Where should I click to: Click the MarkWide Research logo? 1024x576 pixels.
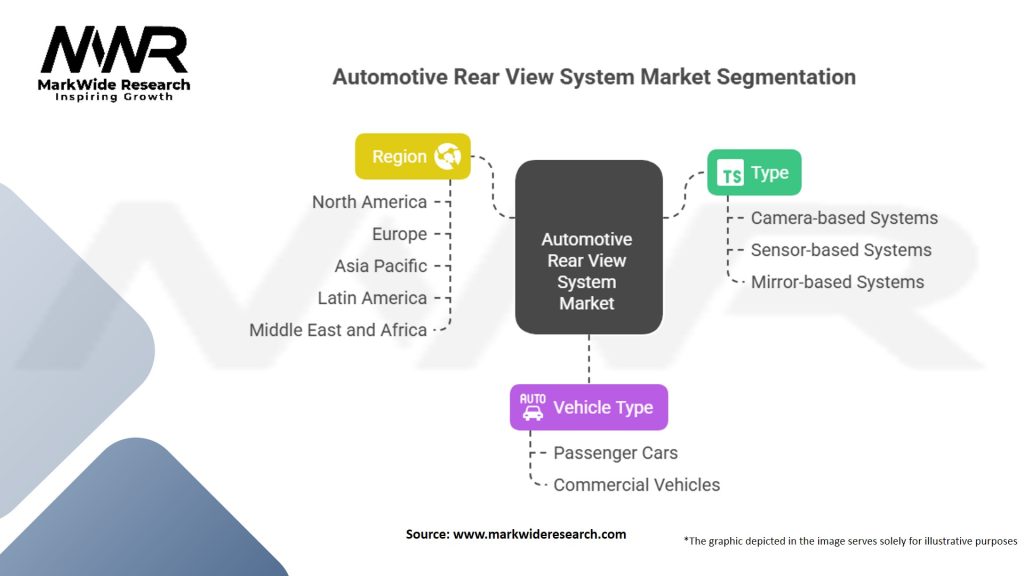[x=114, y=63]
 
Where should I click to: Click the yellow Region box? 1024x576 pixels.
[x=413, y=156]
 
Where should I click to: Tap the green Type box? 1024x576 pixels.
[x=754, y=172]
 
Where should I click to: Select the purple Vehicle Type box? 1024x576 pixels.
[x=589, y=407]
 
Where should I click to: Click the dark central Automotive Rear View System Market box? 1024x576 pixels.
[x=589, y=247]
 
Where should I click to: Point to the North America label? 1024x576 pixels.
[x=370, y=202]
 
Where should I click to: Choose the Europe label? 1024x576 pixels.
[x=400, y=234]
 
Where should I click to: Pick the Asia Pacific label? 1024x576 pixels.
[x=381, y=266]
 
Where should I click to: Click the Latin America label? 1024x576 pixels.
[x=372, y=298]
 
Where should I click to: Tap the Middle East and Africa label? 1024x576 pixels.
[x=338, y=330]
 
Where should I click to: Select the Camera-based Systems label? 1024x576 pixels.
[x=844, y=218]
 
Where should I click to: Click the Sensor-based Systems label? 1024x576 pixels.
[x=841, y=250]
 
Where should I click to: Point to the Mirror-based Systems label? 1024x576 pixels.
[x=838, y=282]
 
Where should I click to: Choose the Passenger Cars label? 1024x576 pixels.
[x=616, y=453]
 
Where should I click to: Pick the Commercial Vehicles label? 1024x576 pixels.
[x=637, y=485]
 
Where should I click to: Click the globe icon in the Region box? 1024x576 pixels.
[x=448, y=156]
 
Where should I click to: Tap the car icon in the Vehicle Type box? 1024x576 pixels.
[x=533, y=407]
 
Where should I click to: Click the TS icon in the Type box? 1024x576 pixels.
[x=731, y=173]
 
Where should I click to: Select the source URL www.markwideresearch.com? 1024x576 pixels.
[x=539, y=534]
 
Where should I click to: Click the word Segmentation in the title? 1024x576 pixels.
[x=786, y=77]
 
